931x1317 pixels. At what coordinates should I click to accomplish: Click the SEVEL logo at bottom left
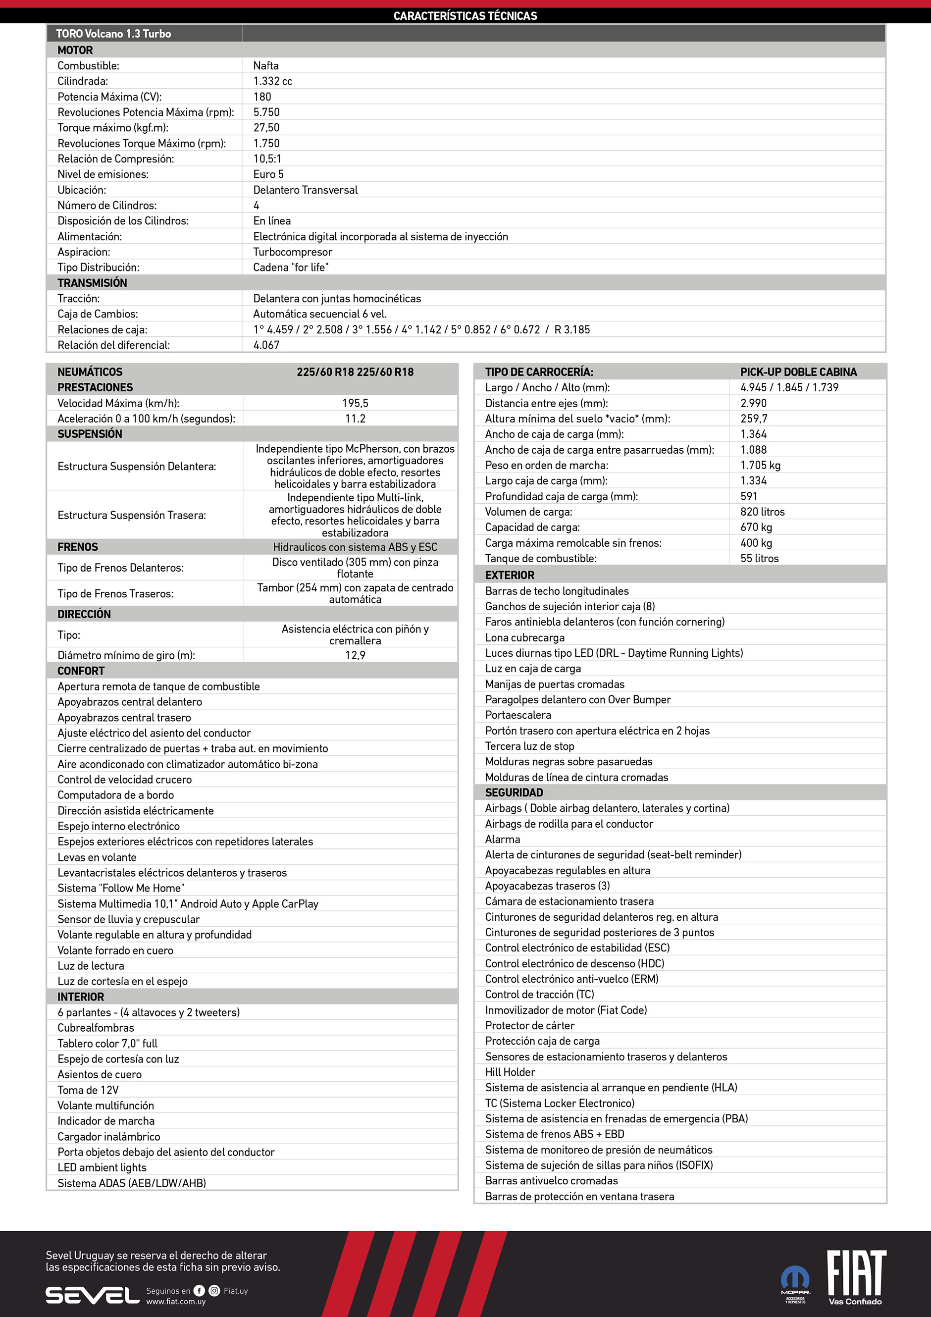click(92, 1295)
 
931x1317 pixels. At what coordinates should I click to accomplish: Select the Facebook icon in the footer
click(199, 1291)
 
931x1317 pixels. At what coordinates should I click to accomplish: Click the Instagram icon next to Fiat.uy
click(214, 1291)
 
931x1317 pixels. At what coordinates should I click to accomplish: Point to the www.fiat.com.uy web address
click(175, 1302)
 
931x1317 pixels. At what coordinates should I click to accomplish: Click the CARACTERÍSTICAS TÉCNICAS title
click(465, 15)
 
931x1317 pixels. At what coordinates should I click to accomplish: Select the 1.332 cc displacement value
click(272, 81)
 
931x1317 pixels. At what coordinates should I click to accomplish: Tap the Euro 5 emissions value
click(268, 174)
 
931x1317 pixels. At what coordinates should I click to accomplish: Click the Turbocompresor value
click(293, 252)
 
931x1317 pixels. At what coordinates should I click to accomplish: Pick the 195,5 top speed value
click(355, 403)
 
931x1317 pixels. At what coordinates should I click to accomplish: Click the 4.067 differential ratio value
click(266, 345)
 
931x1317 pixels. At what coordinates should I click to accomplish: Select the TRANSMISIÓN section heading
click(92, 283)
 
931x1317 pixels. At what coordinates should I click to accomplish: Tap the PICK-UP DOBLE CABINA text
click(798, 371)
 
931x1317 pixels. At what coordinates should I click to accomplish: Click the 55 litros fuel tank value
click(760, 558)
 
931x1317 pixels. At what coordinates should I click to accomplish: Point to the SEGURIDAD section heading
click(514, 792)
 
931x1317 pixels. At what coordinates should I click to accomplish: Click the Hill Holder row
click(510, 1072)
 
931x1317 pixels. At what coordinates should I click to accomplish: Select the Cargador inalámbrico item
click(109, 1136)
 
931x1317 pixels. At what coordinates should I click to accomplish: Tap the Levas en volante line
click(97, 857)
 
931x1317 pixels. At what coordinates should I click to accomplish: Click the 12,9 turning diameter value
click(355, 655)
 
